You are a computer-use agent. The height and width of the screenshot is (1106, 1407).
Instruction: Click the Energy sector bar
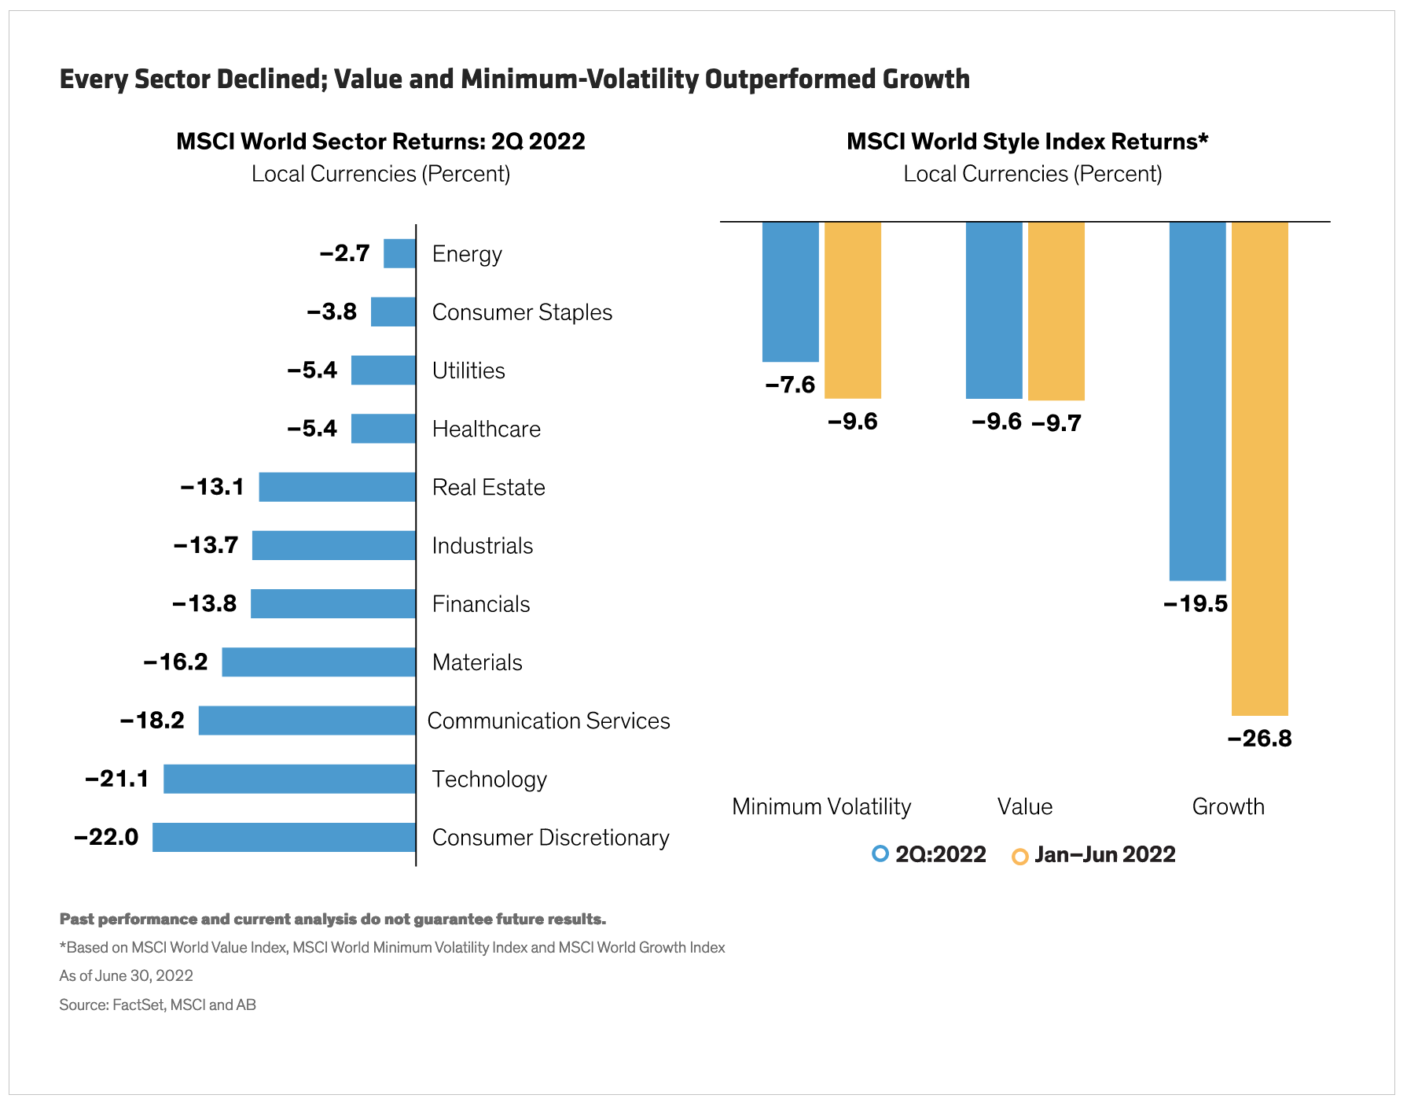pyautogui.click(x=399, y=253)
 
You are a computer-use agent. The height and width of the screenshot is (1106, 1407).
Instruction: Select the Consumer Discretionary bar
pyautogui.click(x=284, y=837)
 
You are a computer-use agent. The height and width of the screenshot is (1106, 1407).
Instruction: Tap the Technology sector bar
pyautogui.click(x=289, y=779)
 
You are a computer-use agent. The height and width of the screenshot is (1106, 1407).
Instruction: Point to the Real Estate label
pyautogui.click(x=488, y=488)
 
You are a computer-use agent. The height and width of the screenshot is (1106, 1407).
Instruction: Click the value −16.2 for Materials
pyautogui.click(x=176, y=662)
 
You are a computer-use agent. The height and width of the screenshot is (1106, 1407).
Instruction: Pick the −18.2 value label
pyautogui.click(x=152, y=721)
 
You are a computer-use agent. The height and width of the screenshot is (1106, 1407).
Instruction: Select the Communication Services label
pyautogui.click(x=548, y=721)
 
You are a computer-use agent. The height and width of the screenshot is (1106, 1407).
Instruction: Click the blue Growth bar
pyautogui.click(x=1197, y=401)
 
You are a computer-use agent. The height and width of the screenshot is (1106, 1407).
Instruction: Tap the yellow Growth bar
pyautogui.click(x=1259, y=468)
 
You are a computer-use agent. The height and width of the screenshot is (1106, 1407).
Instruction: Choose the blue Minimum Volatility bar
pyautogui.click(x=790, y=292)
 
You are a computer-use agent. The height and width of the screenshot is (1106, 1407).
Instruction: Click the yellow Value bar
pyautogui.click(x=1056, y=311)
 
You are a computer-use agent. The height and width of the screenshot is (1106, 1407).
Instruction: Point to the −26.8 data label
pyautogui.click(x=1259, y=739)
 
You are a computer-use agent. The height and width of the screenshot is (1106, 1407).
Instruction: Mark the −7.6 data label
pyautogui.click(x=790, y=385)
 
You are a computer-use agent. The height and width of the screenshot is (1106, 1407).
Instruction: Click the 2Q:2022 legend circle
pyautogui.click(x=880, y=853)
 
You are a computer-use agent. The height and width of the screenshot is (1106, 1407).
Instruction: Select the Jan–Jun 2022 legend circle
pyautogui.click(x=1019, y=857)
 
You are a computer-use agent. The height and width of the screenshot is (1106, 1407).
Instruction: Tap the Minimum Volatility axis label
pyautogui.click(x=821, y=807)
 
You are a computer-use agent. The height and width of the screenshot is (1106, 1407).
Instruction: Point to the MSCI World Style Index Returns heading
pyautogui.click(x=1027, y=142)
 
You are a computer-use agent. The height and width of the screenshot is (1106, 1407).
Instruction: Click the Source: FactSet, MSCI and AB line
pyautogui.click(x=157, y=1005)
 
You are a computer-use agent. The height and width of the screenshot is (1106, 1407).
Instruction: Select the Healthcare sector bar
pyautogui.click(x=383, y=429)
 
